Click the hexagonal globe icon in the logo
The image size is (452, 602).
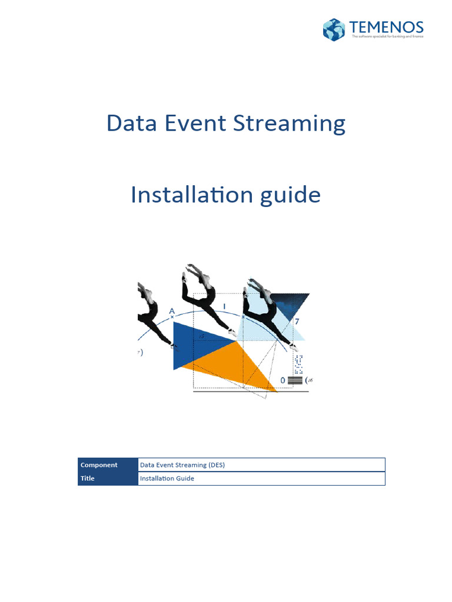click(x=334, y=29)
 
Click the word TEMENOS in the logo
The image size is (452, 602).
click(x=385, y=27)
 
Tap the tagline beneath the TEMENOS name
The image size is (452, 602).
click(x=387, y=37)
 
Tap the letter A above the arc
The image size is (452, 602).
click(x=172, y=310)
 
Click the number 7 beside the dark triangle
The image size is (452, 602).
click(x=297, y=322)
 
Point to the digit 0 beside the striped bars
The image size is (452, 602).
click(x=282, y=380)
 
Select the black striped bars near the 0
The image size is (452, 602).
click(x=295, y=380)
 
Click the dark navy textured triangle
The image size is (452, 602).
click(x=288, y=303)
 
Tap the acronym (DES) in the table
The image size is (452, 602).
click(x=216, y=465)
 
